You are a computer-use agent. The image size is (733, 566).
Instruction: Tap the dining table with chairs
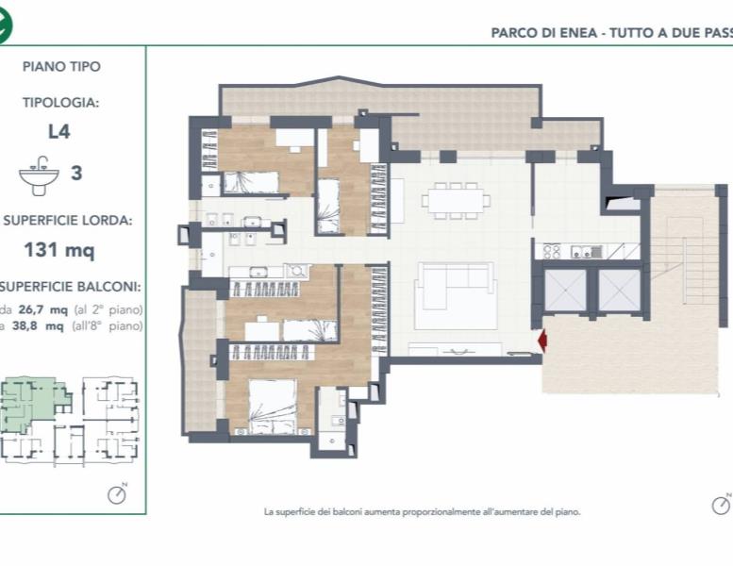(x=456, y=200)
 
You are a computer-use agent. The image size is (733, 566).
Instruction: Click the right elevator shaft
(x=619, y=291)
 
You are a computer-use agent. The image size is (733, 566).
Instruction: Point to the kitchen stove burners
(x=551, y=251)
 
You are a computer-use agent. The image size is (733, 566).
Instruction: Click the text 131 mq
(x=58, y=251)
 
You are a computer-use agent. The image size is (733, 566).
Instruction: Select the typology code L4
(x=58, y=132)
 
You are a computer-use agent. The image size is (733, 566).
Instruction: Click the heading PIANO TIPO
(x=60, y=67)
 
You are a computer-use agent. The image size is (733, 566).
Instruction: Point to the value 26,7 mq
(x=44, y=309)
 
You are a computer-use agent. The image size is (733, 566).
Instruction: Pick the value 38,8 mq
(x=44, y=326)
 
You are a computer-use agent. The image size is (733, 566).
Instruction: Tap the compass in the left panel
(x=117, y=493)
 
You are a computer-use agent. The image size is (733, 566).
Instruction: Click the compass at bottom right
(x=722, y=504)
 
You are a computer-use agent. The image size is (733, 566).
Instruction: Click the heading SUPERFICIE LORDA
(x=68, y=221)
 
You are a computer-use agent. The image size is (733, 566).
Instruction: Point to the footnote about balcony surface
(x=422, y=512)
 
